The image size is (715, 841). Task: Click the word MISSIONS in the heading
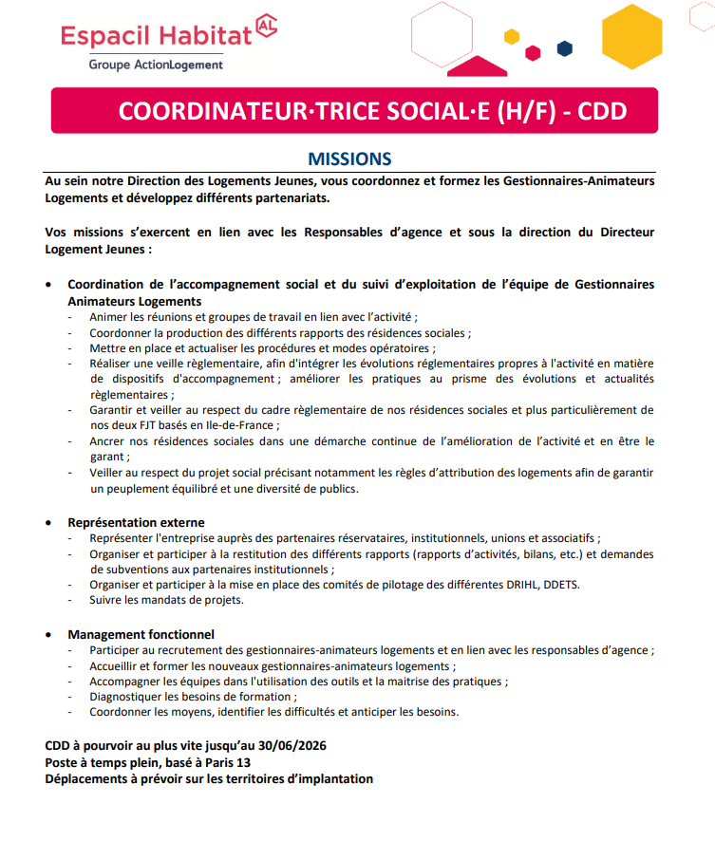click(x=349, y=159)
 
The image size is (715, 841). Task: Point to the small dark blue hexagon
click(x=565, y=47)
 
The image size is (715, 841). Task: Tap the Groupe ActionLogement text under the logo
click(x=157, y=65)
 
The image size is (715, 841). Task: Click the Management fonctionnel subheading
click(x=141, y=634)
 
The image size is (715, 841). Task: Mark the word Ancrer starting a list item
click(x=107, y=441)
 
